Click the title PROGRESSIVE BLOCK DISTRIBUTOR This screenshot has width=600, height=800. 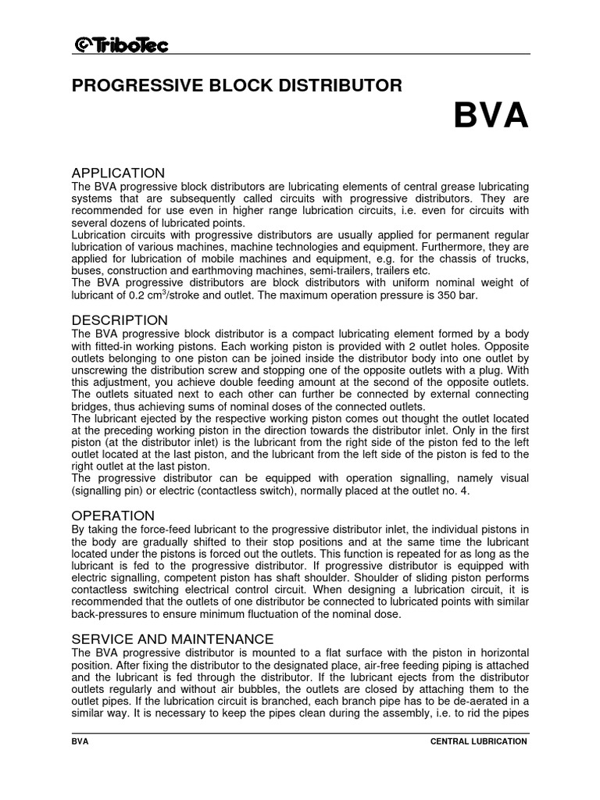click(x=237, y=86)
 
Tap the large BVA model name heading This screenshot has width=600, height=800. click(x=491, y=116)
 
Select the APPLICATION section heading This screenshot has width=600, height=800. click(x=118, y=173)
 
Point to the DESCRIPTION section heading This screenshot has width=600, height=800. click(x=120, y=320)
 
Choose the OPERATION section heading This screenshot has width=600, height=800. click(x=113, y=516)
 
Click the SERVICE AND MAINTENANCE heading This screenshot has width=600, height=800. click(x=173, y=638)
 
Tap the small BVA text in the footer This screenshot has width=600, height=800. click(x=80, y=741)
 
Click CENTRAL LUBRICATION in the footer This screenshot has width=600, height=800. click(x=479, y=741)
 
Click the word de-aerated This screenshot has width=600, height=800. click(x=480, y=702)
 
